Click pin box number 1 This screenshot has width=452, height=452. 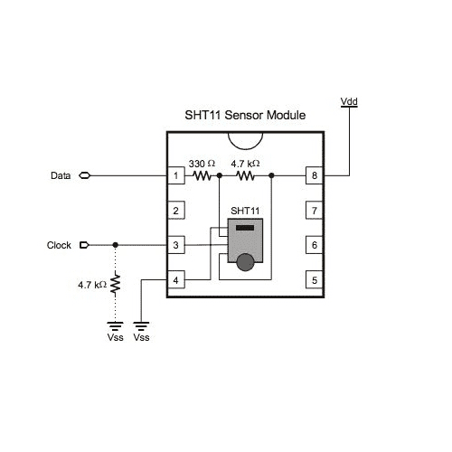click(x=176, y=175)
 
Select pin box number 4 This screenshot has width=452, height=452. click(x=176, y=280)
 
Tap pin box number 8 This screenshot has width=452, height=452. click(x=315, y=175)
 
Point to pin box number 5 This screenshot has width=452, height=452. click(x=315, y=280)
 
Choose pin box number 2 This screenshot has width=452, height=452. click(x=176, y=211)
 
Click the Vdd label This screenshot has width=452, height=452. click(x=349, y=101)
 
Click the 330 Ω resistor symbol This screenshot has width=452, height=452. click(x=202, y=175)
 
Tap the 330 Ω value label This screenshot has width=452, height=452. click(x=202, y=164)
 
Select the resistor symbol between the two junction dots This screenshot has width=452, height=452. click(x=245, y=175)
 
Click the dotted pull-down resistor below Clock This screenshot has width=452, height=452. click(x=115, y=284)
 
